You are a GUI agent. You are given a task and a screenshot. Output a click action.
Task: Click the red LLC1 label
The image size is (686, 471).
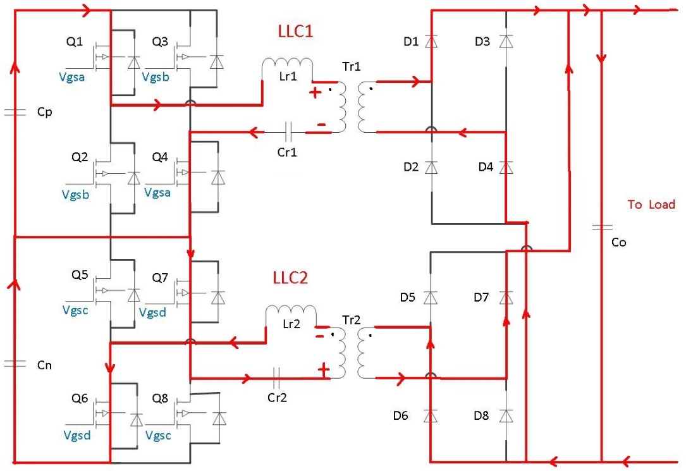pyautogui.click(x=295, y=32)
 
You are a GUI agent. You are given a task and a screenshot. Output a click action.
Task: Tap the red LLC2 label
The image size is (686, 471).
pyautogui.click(x=290, y=278)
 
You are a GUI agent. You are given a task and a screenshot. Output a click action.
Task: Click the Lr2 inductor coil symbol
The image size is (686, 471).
pyautogui.click(x=290, y=312)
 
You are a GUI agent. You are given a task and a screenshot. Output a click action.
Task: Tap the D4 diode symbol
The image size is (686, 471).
pyautogui.click(x=506, y=168)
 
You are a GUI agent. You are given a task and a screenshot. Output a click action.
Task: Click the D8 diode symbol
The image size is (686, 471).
pyautogui.click(x=506, y=416)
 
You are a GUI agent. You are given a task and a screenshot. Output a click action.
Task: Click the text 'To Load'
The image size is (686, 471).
pyautogui.click(x=651, y=204)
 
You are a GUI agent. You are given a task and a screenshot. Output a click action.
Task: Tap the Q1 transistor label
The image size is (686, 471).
pyautogui.click(x=74, y=42)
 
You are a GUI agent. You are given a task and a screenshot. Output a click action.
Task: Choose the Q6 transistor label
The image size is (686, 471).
pyautogui.click(x=80, y=398)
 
